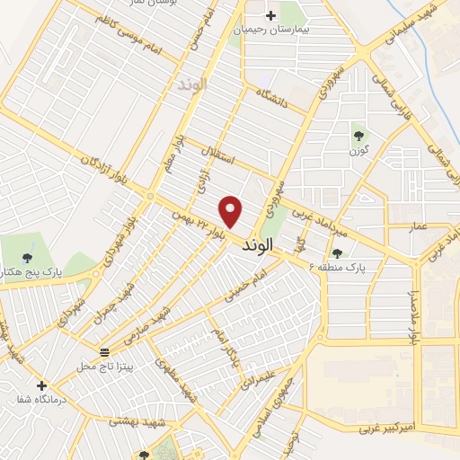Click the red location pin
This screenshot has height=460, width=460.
pyautogui.click(x=232, y=210)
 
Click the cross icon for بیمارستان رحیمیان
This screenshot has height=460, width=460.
pyautogui.click(x=272, y=15)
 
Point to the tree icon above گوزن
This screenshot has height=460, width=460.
pyautogui.click(x=359, y=136)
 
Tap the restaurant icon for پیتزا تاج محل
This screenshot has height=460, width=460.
pyautogui.click(x=105, y=351)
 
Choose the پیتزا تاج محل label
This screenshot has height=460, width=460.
pyautogui.click(x=97, y=367)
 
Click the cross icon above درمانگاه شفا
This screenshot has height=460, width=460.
pyautogui.click(x=41, y=385)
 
